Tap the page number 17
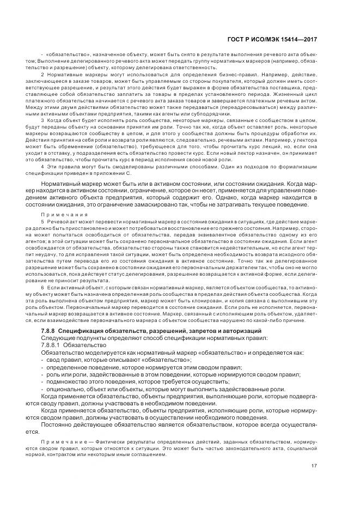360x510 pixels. pos(315,465)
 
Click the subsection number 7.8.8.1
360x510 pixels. pos(52,345)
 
